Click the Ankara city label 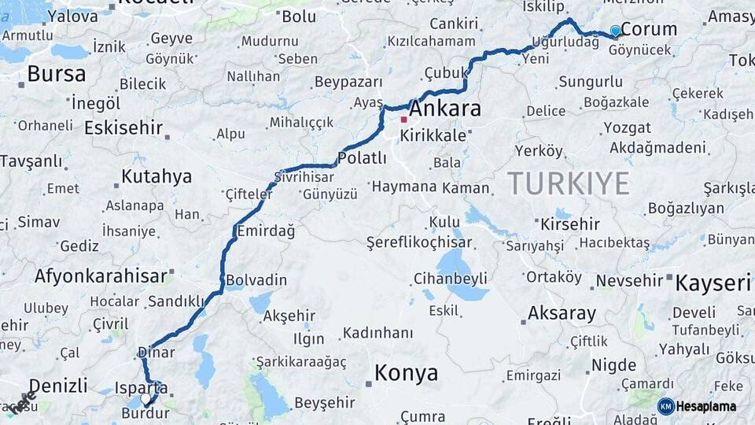tap(444, 109)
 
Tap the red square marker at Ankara tap(403, 120)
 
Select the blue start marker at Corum tap(615, 31)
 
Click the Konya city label tap(406, 373)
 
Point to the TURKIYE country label tap(568, 183)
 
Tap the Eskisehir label tap(123, 128)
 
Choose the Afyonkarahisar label tap(101, 275)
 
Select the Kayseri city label tap(713, 283)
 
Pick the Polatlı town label tap(362, 157)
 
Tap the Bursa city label tap(56, 74)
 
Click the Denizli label tap(49, 386)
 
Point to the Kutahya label tap(157, 176)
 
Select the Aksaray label tap(562, 313)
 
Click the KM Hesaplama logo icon tap(666, 406)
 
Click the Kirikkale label tap(433, 135)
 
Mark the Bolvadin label tap(256, 280)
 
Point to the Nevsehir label tap(631, 280)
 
